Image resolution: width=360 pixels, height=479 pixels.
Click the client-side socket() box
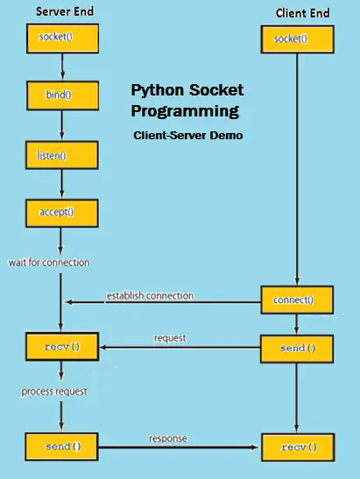coord(297,39)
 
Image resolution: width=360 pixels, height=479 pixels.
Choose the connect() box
coord(298,299)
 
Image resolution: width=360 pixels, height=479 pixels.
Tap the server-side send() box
coord(60,447)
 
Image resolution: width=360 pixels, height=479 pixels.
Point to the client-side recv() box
coord(298,447)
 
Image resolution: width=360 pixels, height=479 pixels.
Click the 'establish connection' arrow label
coord(150,295)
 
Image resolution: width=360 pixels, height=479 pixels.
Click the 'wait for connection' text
coord(48,262)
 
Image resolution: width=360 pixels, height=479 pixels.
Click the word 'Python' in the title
coord(158,91)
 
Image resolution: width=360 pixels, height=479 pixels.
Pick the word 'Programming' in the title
coord(185,112)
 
